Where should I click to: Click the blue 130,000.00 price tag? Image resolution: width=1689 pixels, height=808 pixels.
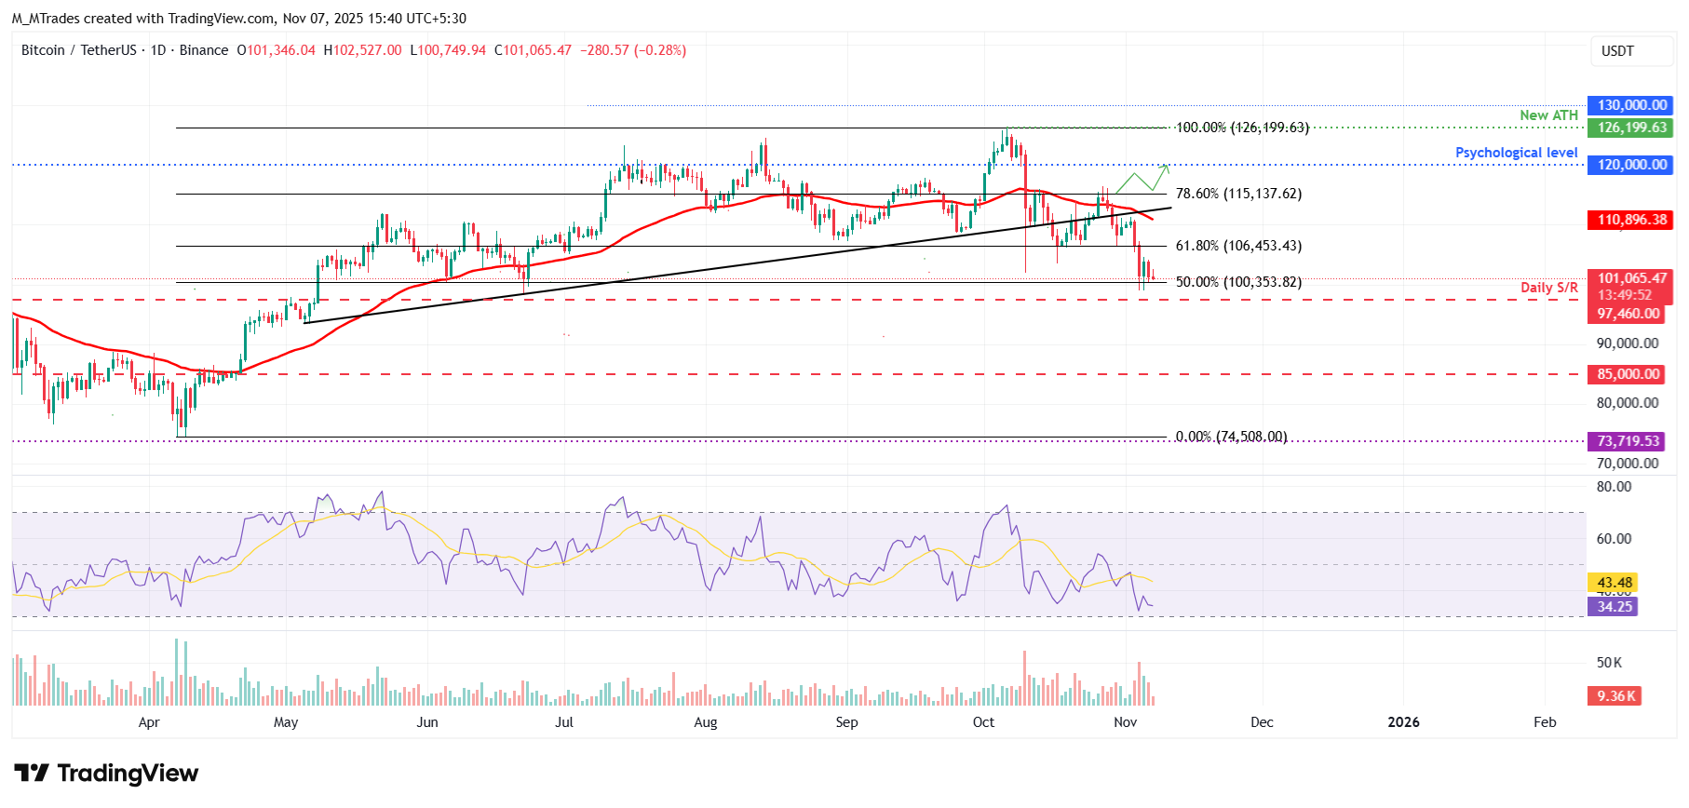(1631, 105)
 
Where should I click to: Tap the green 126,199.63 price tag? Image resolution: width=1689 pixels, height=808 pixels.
(1631, 128)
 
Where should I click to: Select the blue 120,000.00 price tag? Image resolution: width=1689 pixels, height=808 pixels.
(1631, 165)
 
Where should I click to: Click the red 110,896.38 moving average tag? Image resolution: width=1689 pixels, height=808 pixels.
(1631, 220)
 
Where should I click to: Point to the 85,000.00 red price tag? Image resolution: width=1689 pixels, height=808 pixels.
(1628, 374)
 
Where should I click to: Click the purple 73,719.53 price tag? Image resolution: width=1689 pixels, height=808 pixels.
(1628, 441)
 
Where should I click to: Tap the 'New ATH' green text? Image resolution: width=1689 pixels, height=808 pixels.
(1548, 115)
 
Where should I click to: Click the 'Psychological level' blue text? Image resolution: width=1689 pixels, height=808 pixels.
(1516, 153)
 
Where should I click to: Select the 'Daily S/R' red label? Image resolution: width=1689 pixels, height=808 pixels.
(1548, 288)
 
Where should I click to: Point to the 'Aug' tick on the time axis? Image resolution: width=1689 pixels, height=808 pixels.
(706, 722)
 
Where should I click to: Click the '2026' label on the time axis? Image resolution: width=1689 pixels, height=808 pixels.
(1403, 722)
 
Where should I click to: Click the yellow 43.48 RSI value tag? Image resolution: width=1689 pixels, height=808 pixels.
(1614, 583)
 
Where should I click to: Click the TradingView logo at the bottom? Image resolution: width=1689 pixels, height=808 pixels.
(106, 774)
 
